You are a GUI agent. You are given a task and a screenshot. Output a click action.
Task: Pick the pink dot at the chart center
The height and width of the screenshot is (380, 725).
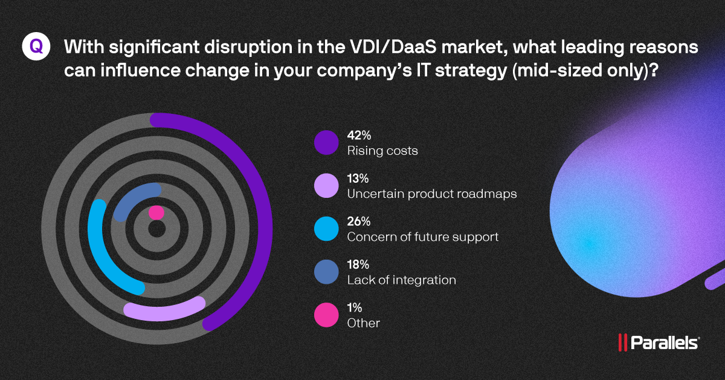(156, 212)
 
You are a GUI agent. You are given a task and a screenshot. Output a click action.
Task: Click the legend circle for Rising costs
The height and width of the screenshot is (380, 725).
(326, 143)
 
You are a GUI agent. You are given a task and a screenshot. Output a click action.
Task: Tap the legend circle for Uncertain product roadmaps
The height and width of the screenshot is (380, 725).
(326, 186)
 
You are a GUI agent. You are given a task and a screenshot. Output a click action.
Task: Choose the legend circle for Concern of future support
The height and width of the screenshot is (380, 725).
(326, 229)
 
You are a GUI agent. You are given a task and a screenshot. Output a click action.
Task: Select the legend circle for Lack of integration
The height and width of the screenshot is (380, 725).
(326, 273)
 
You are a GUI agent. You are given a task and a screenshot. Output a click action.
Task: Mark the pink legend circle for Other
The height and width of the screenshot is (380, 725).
(326, 316)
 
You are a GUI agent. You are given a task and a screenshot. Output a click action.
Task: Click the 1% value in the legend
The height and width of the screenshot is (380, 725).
(354, 308)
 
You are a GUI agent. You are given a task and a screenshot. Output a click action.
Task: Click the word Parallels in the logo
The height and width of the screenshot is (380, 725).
(665, 343)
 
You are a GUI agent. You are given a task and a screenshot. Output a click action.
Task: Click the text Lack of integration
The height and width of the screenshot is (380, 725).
(401, 280)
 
